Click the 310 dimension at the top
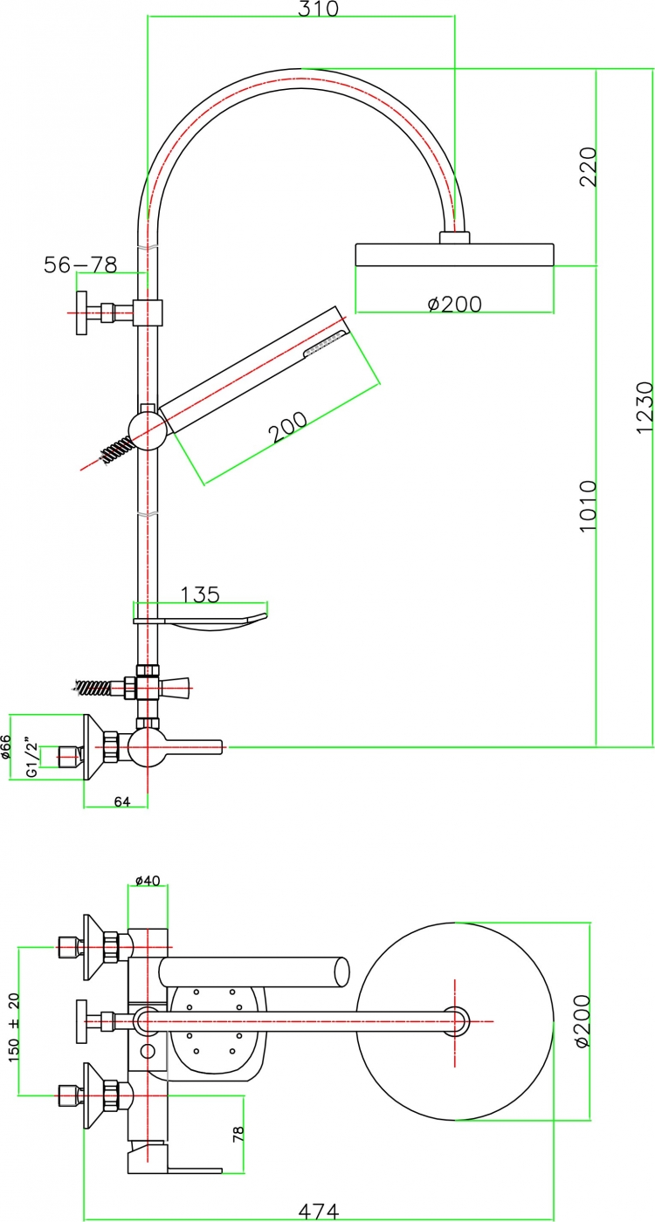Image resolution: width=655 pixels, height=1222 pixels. click(318, 8)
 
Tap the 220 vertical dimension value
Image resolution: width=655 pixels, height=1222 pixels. click(588, 167)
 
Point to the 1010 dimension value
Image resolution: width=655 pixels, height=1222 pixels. click(588, 506)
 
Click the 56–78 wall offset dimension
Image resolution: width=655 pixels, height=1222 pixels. click(80, 265)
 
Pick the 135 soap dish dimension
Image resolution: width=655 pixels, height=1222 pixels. click(200, 594)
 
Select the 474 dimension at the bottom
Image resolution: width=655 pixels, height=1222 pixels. click(318, 1212)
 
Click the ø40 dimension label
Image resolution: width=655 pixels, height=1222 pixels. click(148, 881)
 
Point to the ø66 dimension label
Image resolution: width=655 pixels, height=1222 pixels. click(5, 747)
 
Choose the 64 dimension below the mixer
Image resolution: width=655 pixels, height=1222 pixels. click(122, 801)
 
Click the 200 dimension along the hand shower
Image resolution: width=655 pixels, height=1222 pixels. click(287, 427)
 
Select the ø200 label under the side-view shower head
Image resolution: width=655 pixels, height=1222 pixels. click(455, 304)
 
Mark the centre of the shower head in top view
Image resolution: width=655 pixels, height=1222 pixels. click(455, 1021)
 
